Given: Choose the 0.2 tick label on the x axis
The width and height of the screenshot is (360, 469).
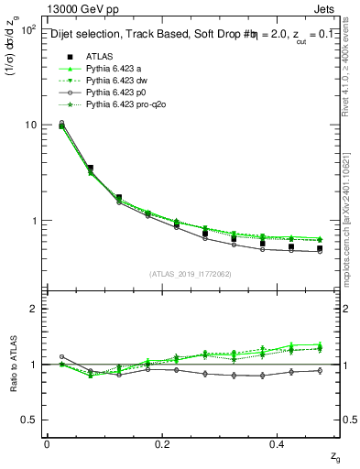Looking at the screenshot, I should (x=163, y=443).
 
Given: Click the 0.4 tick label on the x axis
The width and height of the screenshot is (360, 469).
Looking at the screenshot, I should (x=279, y=443).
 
